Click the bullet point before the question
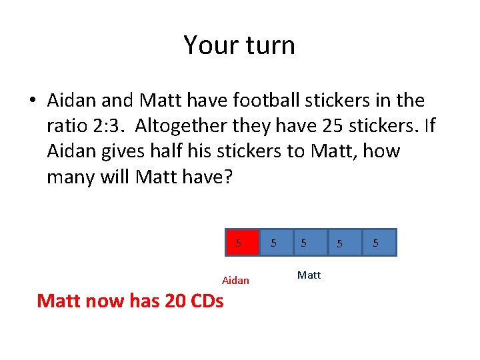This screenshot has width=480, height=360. pos(32,101)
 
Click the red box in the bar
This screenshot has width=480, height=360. pos(240,243)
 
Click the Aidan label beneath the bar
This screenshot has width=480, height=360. pos(235,281)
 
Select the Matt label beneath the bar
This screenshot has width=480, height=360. pos(309,275)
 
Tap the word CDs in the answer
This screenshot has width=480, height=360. pos(207,301)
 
